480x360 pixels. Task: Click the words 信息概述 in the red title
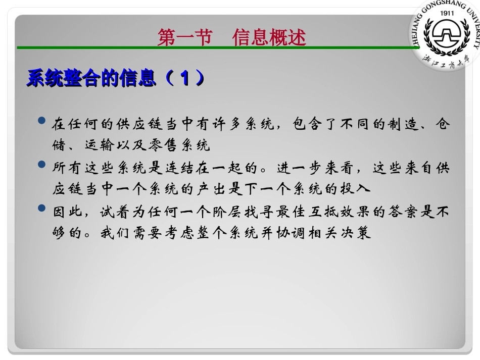[269, 37]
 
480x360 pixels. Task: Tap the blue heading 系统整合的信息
[91, 78]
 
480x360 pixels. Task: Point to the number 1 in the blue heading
[185, 78]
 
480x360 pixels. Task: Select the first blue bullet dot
[42, 122]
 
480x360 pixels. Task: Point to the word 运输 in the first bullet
[99, 146]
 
